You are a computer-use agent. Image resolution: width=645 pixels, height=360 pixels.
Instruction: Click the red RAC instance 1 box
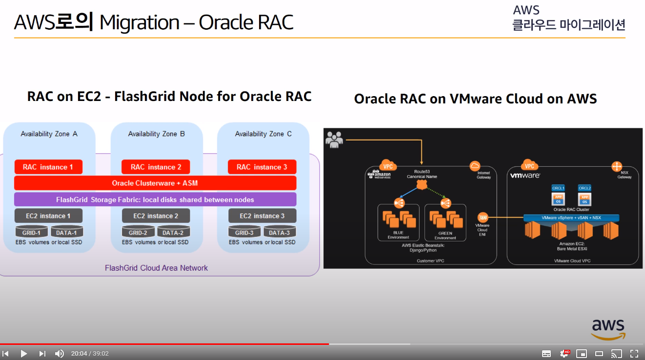tap(48, 167)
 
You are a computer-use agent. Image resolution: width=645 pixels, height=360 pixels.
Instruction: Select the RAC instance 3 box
tap(262, 167)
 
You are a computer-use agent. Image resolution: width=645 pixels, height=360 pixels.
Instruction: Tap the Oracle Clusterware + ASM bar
tap(155, 183)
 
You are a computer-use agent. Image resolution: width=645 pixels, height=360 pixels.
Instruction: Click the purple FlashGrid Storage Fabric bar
tap(155, 200)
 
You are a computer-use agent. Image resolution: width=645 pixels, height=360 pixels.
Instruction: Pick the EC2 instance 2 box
tap(156, 216)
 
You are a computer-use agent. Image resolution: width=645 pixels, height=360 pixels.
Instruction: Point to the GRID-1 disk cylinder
tap(32, 232)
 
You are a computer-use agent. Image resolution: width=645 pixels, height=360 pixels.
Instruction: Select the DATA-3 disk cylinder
tap(279, 232)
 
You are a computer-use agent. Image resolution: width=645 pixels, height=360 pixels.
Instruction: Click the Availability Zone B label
tap(156, 134)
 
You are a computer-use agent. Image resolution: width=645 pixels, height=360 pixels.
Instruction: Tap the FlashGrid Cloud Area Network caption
tap(156, 268)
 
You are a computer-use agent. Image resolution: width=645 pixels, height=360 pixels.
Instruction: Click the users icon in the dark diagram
tap(334, 139)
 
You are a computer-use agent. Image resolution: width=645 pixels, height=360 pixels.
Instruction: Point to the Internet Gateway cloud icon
tap(475, 166)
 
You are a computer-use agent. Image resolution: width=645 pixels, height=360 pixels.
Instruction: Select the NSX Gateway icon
tap(617, 166)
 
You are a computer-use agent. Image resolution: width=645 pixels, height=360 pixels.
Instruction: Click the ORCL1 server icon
tap(558, 196)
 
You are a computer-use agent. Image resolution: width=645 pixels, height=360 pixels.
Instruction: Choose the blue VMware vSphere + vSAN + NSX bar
tap(571, 218)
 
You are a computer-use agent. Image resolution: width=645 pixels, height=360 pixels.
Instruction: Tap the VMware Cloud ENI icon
tap(483, 218)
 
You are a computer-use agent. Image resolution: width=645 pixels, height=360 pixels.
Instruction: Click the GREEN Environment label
tap(445, 235)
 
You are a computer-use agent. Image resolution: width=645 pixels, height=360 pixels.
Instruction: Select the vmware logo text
tap(525, 175)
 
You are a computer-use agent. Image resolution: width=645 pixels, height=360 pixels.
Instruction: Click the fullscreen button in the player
tap(634, 354)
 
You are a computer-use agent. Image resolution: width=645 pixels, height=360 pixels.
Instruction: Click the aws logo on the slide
tap(608, 329)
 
